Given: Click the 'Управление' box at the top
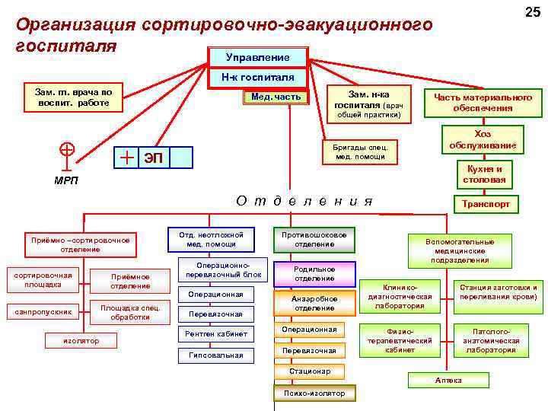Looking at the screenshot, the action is pyautogui.click(x=257, y=58).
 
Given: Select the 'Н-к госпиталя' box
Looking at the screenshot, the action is pyautogui.click(x=257, y=77).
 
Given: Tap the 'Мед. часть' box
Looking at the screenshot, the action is pyautogui.click(x=275, y=97).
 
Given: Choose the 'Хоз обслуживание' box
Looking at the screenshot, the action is pyautogui.click(x=483, y=140).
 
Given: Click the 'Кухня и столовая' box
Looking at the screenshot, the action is pyautogui.click(x=484, y=174).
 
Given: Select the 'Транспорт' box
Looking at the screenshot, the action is pyautogui.click(x=486, y=205).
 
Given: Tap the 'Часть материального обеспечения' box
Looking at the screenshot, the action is pyautogui.click(x=483, y=102).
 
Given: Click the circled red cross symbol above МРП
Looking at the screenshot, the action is pyautogui.click(x=67, y=149).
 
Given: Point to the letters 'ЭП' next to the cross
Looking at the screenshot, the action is pyautogui.click(x=154, y=158).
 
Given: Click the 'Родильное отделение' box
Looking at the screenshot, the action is pyautogui.click(x=314, y=273).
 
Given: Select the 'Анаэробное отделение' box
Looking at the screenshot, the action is pyautogui.click(x=314, y=303).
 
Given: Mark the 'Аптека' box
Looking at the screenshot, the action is pyautogui.click(x=443, y=379).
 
